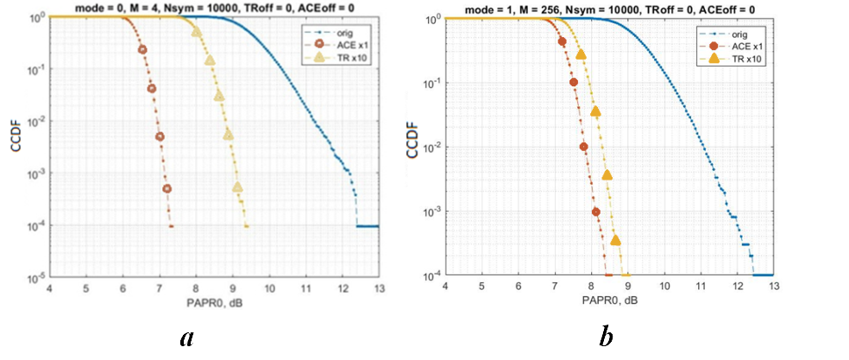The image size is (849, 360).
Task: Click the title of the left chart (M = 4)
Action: pyautogui.click(x=214, y=7)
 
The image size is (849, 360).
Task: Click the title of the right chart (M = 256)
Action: pyautogui.click(x=608, y=7)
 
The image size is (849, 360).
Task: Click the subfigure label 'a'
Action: pyautogui.click(x=186, y=338)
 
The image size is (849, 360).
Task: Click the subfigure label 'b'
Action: pyautogui.click(x=606, y=338)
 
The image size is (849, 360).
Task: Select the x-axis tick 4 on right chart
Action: pyautogui.click(x=444, y=286)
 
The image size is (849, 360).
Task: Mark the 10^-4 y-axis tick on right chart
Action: pyautogui.click(x=432, y=275)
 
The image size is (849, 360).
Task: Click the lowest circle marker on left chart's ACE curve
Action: pyautogui.click(x=167, y=189)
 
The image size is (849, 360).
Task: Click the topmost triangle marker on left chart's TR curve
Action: pyautogui.click(x=197, y=32)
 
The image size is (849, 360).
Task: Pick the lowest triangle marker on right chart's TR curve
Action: pyautogui.click(x=616, y=240)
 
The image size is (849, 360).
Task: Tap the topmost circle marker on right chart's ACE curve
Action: pyautogui.click(x=563, y=41)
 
